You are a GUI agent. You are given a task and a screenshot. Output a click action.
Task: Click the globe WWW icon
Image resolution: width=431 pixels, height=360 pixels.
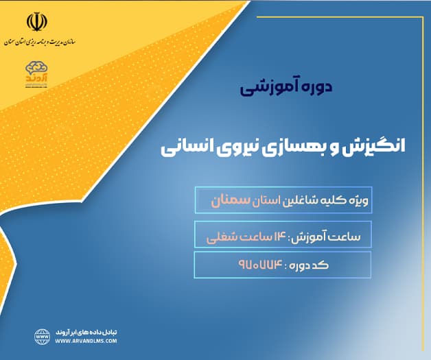(43, 335)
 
